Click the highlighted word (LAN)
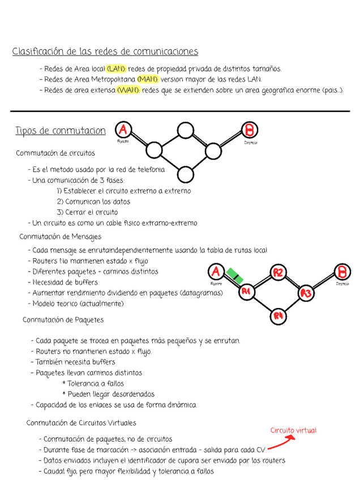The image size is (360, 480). click(116, 69)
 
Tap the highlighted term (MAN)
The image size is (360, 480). click(148, 79)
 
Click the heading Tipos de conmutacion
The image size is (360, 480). click(60, 131)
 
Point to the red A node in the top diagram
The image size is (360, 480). click(123, 131)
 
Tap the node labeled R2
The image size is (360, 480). click(278, 273)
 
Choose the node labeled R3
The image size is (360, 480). click(306, 293)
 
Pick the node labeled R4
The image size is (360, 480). click(277, 316)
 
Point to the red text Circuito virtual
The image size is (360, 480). click(293, 431)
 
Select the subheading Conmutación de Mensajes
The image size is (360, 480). click(60, 237)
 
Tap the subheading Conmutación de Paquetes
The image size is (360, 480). click(63, 320)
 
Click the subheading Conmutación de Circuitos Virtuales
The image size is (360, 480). click(81, 423)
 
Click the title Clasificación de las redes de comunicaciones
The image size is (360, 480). click(105, 52)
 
